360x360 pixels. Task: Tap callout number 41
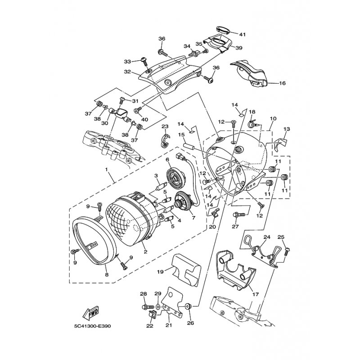pos(243,35)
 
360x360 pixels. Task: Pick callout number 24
pos(266,237)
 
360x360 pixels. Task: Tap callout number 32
pos(128,72)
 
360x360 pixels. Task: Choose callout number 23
pos(165,126)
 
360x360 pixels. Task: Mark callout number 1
pos(107,170)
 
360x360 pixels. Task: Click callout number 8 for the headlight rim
pos(106,274)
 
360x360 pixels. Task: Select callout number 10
pos(273,119)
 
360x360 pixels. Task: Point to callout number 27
pos(235,227)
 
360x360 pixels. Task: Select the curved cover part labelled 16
pos(250,72)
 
